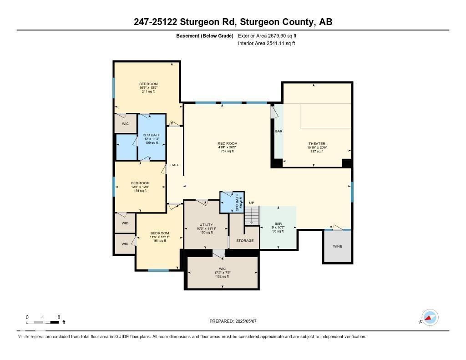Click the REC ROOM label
pos(227,147)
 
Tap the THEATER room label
pos(317,147)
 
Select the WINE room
pos(337,246)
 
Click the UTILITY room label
pos(206,228)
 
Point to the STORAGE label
pos(245,240)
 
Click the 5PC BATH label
pos(152,138)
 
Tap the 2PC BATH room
pos(232,202)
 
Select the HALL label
pos(175,165)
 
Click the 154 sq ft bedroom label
pos(141,187)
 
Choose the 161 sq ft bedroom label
pos(159,237)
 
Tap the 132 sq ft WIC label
pos(222,272)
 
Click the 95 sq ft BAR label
pos(278,227)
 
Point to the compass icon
pos(429,318)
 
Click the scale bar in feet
pos(43,322)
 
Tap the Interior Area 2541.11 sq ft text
pos(266,43)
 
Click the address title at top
pos(233,22)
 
